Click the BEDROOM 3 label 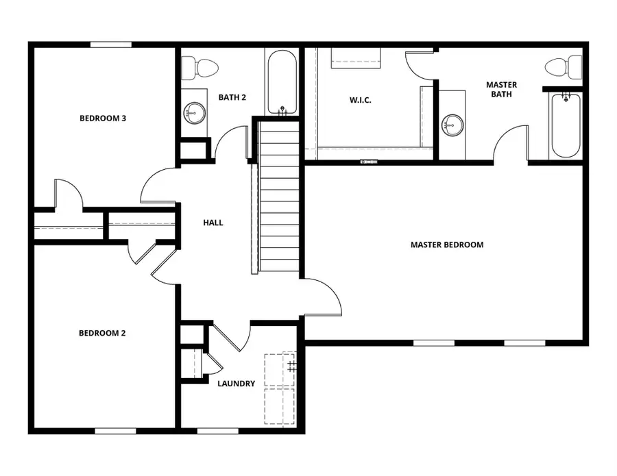(x=103, y=118)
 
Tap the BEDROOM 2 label (x=102, y=334)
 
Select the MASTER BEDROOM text (x=447, y=245)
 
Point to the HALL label (x=213, y=223)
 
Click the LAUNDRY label (x=236, y=384)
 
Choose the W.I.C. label (x=361, y=99)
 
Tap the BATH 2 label (x=232, y=97)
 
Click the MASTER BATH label (x=501, y=90)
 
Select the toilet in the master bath (x=564, y=66)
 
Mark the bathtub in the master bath (x=566, y=125)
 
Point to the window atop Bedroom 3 (x=110, y=45)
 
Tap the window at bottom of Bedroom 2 (x=114, y=431)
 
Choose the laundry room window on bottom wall (x=218, y=431)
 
